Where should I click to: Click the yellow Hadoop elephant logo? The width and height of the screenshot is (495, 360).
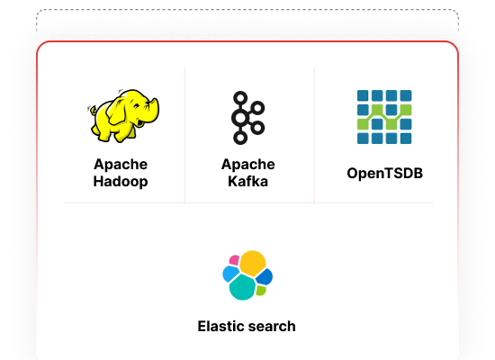click(x=123, y=115)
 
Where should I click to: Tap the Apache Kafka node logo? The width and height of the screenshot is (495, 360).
click(x=247, y=118)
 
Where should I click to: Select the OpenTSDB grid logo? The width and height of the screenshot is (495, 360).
click(x=384, y=117)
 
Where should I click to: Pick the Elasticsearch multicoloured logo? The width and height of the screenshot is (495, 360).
click(x=247, y=275)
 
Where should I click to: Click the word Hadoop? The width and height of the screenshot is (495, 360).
click(x=121, y=182)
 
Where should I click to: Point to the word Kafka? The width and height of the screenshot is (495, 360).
click(x=247, y=182)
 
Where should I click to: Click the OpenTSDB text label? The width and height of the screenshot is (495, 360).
click(x=384, y=173)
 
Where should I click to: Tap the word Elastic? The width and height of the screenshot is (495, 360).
click(x=220, y=326)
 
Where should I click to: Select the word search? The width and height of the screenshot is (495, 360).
click(x=272, y=326)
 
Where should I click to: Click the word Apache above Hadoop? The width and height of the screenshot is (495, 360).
click(x=121, y=165)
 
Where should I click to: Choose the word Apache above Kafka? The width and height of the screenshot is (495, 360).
click(x=247, y=165)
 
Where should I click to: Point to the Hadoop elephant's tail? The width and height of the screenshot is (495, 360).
click(x=92, y=110)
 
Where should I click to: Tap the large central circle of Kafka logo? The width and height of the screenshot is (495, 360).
click(x=240, y=118)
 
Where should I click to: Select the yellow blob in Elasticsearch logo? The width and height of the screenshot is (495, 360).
click(x=252, y=263)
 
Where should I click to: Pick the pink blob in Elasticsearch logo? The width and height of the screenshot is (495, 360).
click(x=234, y=260)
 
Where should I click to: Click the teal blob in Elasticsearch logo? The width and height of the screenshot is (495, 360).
click(x=242, y=287)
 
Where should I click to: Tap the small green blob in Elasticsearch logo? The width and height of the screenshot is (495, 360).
click(x=260, y=290)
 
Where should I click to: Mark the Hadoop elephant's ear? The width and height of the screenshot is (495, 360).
click(x=117, y=112)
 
